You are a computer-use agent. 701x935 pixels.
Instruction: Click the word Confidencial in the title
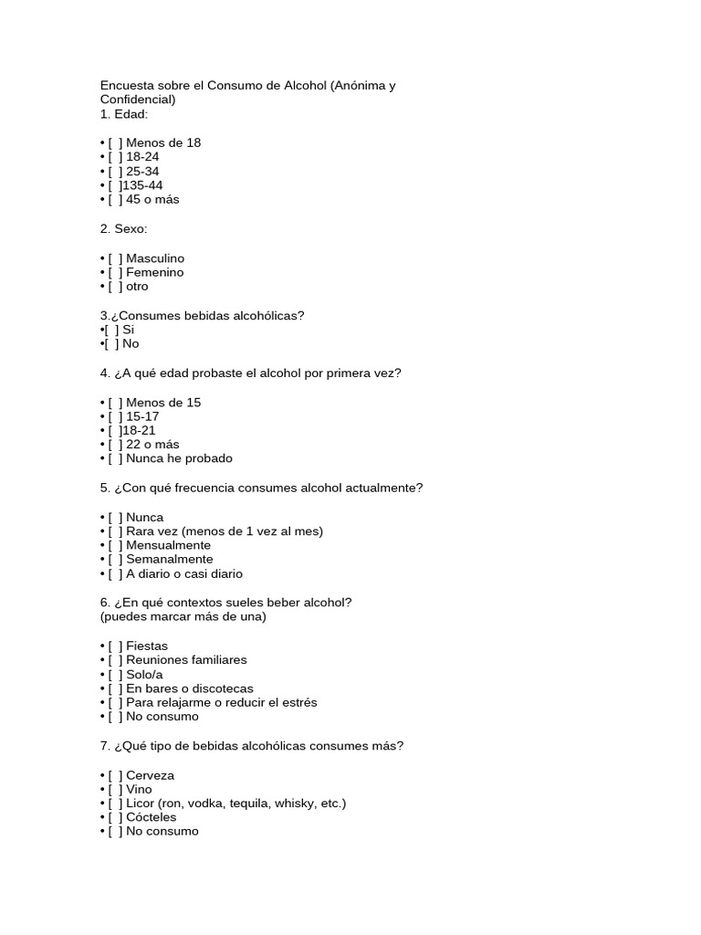pos(137,100)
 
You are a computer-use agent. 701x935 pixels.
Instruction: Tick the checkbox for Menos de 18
pos(115,142)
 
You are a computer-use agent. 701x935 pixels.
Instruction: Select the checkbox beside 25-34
pos(115,171)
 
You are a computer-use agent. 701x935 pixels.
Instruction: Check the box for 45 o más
pos(115,199)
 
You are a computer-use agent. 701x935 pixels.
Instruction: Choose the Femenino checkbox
pos(115,272)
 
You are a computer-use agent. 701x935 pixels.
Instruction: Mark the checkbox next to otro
pos(115,287)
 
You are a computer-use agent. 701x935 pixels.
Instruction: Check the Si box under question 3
pos(112,330)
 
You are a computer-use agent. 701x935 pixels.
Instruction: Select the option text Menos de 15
pos(163,403)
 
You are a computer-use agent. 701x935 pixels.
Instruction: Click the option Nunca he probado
pos(179,458)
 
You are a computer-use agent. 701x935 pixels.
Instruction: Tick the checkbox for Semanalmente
pos(115,559)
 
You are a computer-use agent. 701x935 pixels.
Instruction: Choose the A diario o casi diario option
pos(184,574)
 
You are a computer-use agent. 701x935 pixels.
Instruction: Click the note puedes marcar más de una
pos(183,616)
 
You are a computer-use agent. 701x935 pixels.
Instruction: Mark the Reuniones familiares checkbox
pos(115,660)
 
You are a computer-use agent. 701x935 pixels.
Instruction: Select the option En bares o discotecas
pos(190,688)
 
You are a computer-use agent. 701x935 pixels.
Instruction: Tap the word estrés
pos(298,703)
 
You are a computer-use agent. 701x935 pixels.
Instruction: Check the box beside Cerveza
pos(115,775)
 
